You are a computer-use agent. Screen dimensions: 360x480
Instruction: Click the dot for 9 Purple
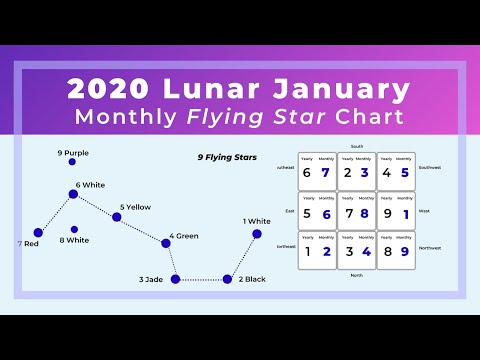pos(72,162)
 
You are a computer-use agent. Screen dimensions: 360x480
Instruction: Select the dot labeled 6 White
pos(73,194)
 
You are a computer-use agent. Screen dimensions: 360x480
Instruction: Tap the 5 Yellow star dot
pos(116,216)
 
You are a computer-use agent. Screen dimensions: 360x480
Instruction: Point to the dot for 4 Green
pos(165,242)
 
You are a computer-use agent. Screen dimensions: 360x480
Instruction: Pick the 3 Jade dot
pos(175,279)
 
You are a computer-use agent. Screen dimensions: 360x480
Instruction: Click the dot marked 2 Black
pos(227,279)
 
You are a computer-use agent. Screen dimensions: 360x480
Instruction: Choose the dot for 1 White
pos(257,234)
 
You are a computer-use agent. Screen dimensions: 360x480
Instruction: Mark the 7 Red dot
pos(38,232)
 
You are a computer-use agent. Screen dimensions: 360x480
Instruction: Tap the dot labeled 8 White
pos(74,229)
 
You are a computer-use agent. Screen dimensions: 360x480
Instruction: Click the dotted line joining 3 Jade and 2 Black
pos(201,279)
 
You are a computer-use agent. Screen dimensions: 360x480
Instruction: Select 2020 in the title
pos(106,89)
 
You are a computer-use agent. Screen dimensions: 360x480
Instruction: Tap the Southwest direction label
pos(430,167)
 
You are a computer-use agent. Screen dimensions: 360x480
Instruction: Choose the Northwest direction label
pos(430,245)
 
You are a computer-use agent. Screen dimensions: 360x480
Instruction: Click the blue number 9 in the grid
pos(404,252)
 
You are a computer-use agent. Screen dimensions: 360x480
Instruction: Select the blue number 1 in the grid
pos(404,213)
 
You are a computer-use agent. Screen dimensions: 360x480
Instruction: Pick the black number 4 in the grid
pos(387,173)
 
